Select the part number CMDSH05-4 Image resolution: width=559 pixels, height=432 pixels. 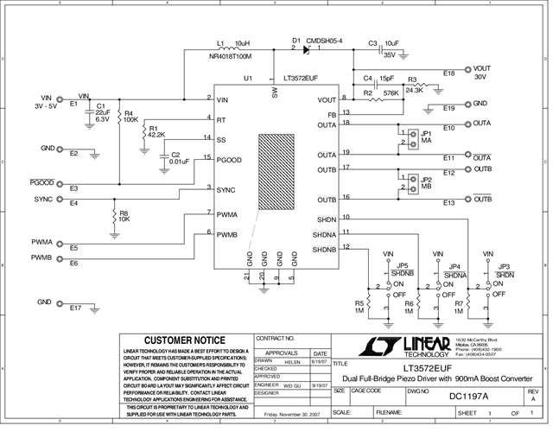click(325, 41)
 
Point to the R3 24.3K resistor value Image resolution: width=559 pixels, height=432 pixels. click(414, 90)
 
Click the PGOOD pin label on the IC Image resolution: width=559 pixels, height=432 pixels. click(228, 159)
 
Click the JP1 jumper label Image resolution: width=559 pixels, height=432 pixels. click(427, 134)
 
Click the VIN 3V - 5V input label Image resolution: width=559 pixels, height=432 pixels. click(43, 104)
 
